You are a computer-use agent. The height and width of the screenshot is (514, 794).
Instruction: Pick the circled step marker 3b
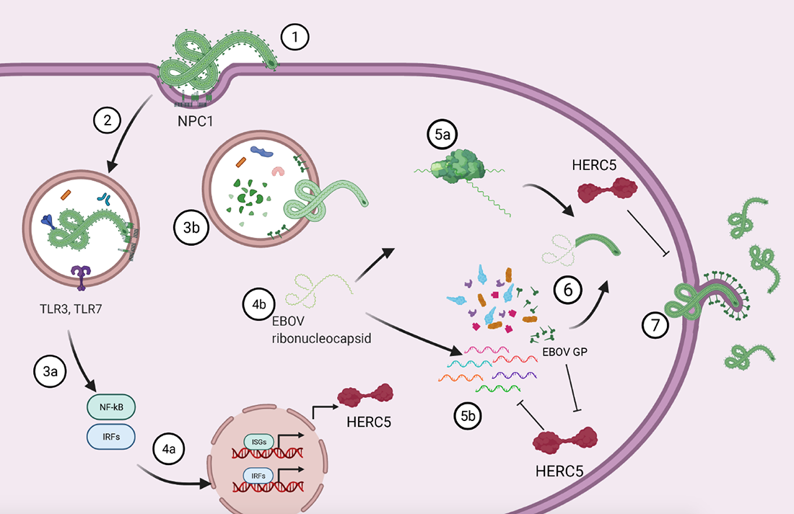191,229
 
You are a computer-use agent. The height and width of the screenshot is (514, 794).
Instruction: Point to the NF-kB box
110,406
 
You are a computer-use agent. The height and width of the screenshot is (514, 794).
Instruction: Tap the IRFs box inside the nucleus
258,476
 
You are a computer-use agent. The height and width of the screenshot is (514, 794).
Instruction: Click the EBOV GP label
565,353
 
